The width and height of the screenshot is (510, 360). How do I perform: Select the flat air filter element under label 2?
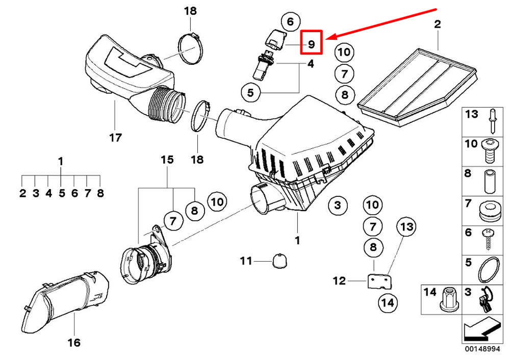(418, 87)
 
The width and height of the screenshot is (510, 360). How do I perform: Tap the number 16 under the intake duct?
(74, 342)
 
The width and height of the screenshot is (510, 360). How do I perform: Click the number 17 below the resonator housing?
(115, 138)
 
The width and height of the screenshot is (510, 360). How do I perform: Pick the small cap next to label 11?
(279, 261)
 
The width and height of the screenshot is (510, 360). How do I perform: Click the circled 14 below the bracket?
(388, 303)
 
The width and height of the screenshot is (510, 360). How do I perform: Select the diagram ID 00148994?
(482, 349)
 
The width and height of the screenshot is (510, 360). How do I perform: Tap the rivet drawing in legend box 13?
(492, 121)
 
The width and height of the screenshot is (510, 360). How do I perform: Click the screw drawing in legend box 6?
(488, 239)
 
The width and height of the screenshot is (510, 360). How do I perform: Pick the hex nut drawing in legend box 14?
(449, 299)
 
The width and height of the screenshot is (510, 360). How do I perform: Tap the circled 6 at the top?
(290, 21)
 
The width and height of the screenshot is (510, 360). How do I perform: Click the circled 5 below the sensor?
(250, 93)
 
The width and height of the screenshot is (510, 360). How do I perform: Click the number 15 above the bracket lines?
(167, 160)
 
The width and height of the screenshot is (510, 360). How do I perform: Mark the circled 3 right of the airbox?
(338, 205)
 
